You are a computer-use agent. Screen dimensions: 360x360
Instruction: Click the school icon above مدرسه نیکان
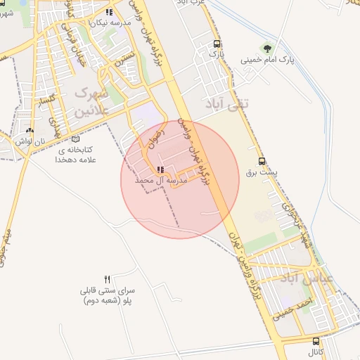click(x=108, y=12)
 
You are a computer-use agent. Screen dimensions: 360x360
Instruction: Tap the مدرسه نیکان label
click(x=108, y=22)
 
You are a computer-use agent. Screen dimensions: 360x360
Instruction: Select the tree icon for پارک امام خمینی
click(x=266, y=48)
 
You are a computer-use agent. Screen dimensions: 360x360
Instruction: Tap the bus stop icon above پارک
click(x=217, y=44)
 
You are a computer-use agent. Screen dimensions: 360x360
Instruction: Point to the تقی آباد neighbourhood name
click(x=226, y=104)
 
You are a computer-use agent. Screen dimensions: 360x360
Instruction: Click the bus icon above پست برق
click(x=262, y=160)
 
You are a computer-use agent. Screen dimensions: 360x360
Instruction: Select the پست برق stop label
click(x=262, y=172)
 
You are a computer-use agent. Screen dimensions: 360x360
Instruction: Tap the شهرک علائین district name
click(x=92, y=101)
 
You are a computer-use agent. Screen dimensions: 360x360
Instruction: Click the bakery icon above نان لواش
click(x=29, y=131)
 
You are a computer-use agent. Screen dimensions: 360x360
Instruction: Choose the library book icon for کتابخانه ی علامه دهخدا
click(x=76, y=139)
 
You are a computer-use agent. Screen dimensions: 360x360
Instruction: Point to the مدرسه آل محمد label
click(x=162, y=181)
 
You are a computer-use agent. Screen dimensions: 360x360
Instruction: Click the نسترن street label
click(x=125, y=58)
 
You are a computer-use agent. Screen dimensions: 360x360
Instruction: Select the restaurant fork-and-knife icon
click(x=108, y=278)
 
